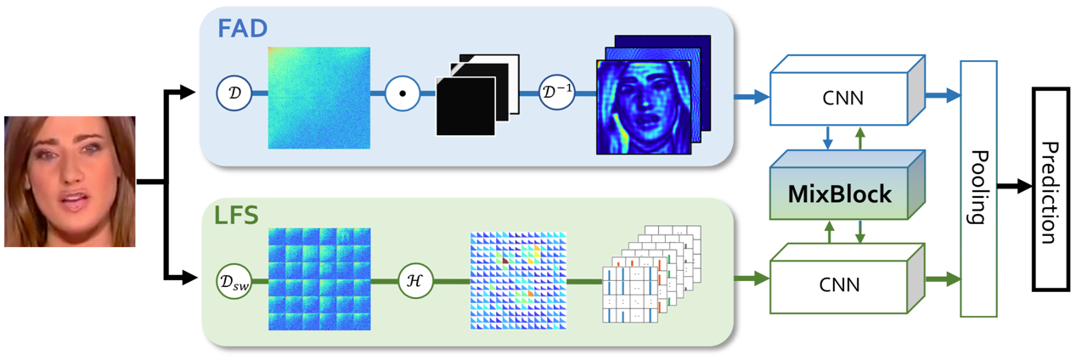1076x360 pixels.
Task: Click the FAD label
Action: [242, 28]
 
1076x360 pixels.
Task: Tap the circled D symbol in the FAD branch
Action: [234, 93]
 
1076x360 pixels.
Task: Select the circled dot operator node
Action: [402, 93]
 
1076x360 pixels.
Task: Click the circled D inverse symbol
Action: [558, 93]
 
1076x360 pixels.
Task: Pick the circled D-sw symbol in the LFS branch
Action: [234, 280]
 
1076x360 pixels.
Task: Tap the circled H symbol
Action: [416, 280]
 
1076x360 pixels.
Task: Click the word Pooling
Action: [977, 188]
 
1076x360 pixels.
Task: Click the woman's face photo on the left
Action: [70, 181]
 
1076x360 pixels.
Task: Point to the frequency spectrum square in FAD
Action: [319, 98]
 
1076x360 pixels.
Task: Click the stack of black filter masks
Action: [476, 95]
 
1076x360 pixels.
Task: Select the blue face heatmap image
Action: [644, 106]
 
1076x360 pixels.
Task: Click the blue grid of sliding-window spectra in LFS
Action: [319, 278]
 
